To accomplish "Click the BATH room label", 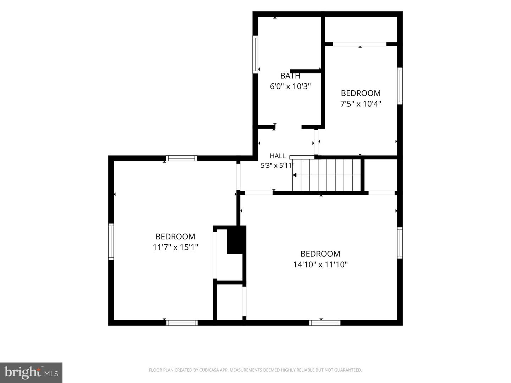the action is (290, 76).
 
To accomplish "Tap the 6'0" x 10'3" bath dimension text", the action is (290, 87).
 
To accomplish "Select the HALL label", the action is (278, 156).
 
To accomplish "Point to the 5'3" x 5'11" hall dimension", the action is (278, 166).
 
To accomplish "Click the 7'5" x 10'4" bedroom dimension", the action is (361, 104).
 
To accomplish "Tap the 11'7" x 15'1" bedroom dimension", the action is (175, 247).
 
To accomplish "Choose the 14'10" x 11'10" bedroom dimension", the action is (320, 265).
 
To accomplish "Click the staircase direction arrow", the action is (295, 175).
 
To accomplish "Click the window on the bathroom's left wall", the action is (255, 54).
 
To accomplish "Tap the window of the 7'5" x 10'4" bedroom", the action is (400, 86).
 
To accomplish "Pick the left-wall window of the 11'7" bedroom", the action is (111, 242).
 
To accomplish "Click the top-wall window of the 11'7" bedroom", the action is (182, 159).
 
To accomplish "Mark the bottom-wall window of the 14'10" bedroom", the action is (325, 323).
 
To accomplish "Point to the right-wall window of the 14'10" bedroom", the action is (400, 243).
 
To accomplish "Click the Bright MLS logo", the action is (31, 373).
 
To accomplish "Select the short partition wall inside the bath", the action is (306, 71).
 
